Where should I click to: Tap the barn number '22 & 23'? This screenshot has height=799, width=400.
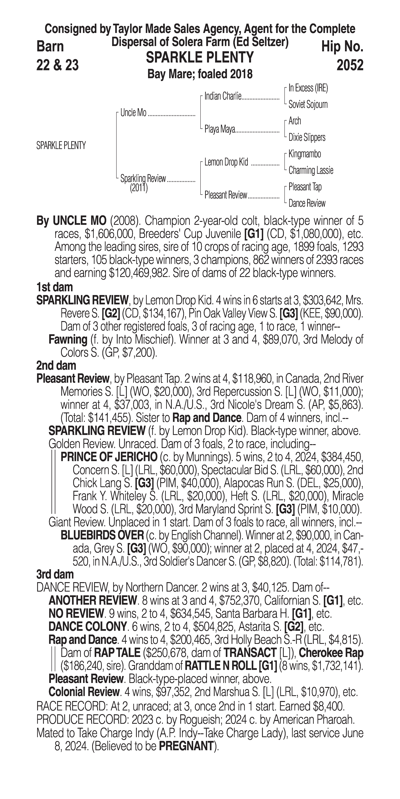[x=57, y=65]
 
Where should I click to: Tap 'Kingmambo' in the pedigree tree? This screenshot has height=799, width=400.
[x=305, y=154]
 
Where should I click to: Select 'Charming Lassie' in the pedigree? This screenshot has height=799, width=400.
[x=311, y=170]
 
